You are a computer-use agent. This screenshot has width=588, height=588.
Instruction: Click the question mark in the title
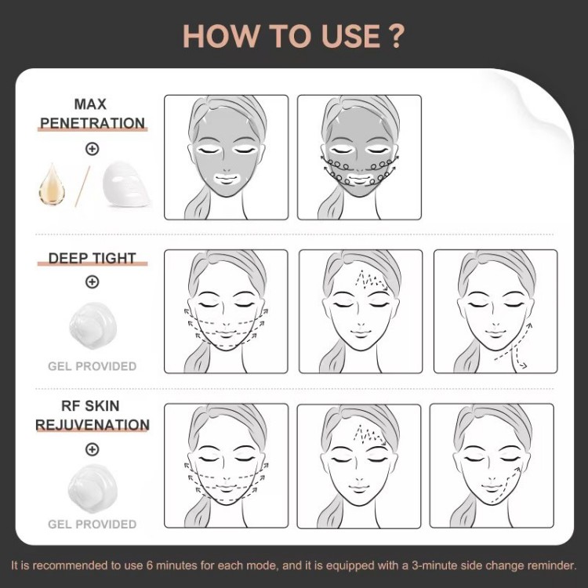tap(395, 36)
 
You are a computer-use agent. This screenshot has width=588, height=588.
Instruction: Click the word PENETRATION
tap(93, 123)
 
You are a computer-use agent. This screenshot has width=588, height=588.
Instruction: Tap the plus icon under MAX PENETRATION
tap(93, 149)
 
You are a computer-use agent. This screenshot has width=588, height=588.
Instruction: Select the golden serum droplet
tap(52, 184)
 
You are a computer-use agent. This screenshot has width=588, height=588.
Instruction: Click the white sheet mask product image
tap(127, 183)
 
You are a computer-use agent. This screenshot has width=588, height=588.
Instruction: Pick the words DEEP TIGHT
tap(93, 258)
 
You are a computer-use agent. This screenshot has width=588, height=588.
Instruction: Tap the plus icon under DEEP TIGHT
tap(93, 281)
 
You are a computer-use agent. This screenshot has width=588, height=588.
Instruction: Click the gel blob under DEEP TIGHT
tap(93, 325)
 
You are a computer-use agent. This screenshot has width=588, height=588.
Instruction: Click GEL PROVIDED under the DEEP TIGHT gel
tap(93, 366)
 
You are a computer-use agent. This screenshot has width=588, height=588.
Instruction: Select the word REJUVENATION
tap(93, 425)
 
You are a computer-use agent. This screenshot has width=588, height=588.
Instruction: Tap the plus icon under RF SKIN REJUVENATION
tap(93, 449)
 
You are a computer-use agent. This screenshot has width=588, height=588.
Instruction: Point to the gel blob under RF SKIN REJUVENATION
tap(93, 488)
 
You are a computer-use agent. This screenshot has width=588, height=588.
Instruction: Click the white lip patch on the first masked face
tap(226, 178)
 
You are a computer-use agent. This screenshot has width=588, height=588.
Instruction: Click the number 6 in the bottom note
tap(149, 565)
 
